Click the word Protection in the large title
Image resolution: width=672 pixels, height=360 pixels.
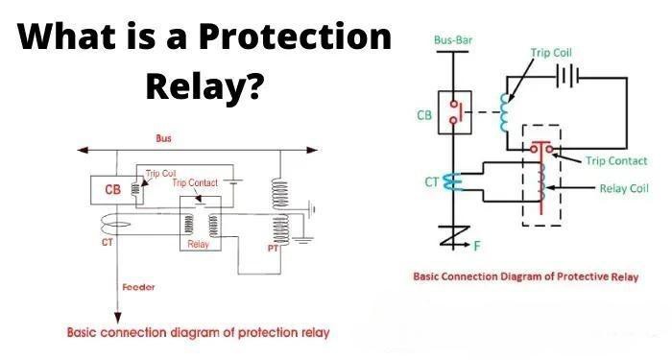tap(296, 38)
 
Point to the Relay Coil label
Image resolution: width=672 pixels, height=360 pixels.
tap(627, 189)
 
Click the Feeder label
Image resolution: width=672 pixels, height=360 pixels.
tap(140, 287)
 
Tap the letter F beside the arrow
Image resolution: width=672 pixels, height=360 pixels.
tap(477, 246)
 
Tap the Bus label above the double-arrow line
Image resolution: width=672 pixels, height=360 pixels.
tap(163, 139)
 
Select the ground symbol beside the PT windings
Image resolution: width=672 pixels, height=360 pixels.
tap(308, 207)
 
